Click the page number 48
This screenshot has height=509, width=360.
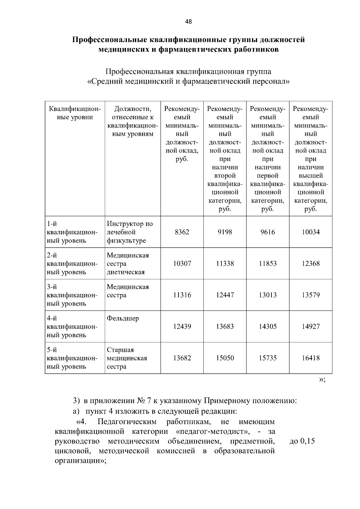tap(188, 22)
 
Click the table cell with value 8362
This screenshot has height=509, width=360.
tap(182, 232)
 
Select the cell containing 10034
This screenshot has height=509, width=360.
tap(310, 232)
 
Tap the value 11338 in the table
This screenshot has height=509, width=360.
tap(225, 264)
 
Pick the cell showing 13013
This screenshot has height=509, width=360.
tap(268, 295)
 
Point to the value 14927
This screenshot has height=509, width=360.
tap(310, 327)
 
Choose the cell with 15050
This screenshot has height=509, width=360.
tap(225, 358)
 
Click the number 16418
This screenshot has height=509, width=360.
tap(310, 358)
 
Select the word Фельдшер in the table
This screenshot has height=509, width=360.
tap(123, 319)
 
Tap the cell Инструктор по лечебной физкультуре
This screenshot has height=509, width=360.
tap(130, 232)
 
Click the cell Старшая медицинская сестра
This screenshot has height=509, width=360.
tap(127, 358)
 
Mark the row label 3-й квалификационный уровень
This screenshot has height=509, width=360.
tap(72, 295)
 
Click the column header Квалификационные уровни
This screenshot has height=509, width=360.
tap(75, 113)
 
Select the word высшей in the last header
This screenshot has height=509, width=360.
tap(310, 175)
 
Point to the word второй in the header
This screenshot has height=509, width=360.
tap(225, 175)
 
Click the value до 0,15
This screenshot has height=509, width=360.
tap(302, 441)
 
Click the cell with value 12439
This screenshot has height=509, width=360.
tap(182, 327)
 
